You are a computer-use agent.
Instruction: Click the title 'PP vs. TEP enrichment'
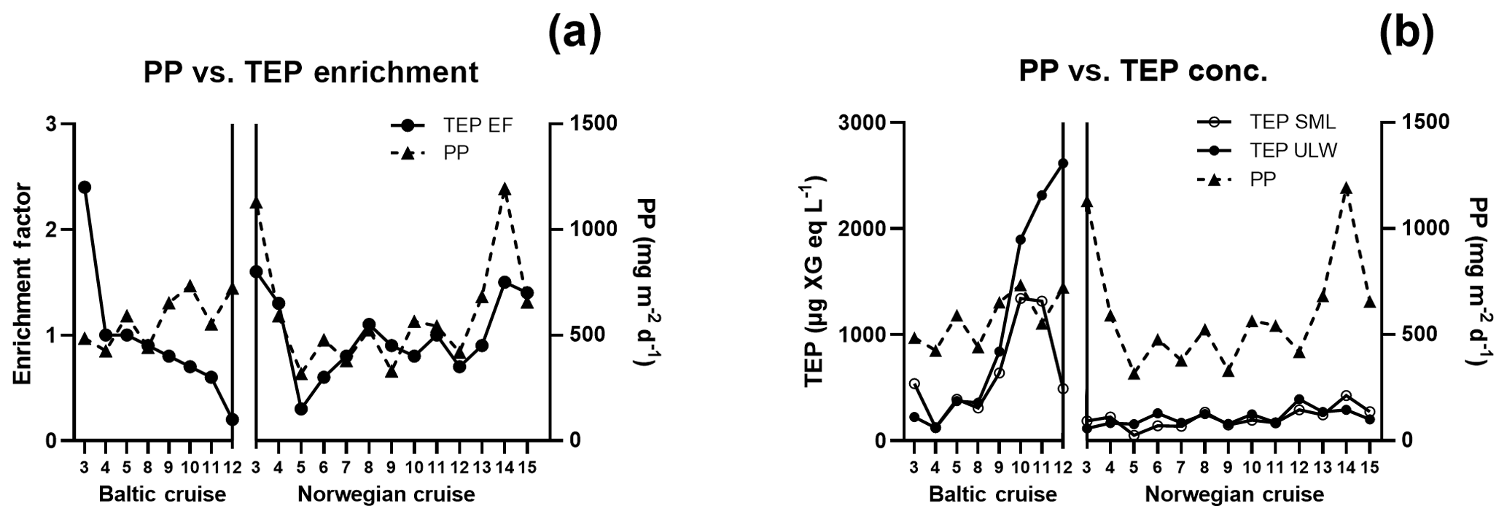coord(311,73)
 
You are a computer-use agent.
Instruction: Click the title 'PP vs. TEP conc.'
coord(1142,73)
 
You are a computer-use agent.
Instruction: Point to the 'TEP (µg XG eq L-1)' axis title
coord(819,282)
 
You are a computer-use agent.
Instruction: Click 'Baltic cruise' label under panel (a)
coord(162,495)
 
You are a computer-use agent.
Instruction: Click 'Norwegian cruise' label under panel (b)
coord(1234,495)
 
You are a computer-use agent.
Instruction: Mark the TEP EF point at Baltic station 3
coord(85,187)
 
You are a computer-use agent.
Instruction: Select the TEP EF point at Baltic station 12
coord(232,419)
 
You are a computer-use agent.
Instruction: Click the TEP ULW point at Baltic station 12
coord(1062,163)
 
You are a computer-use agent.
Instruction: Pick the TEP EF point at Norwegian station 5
coord(301,409)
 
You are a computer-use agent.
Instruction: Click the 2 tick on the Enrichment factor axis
coord(51,230)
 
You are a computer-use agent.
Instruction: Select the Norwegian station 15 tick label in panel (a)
coord(527,467)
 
